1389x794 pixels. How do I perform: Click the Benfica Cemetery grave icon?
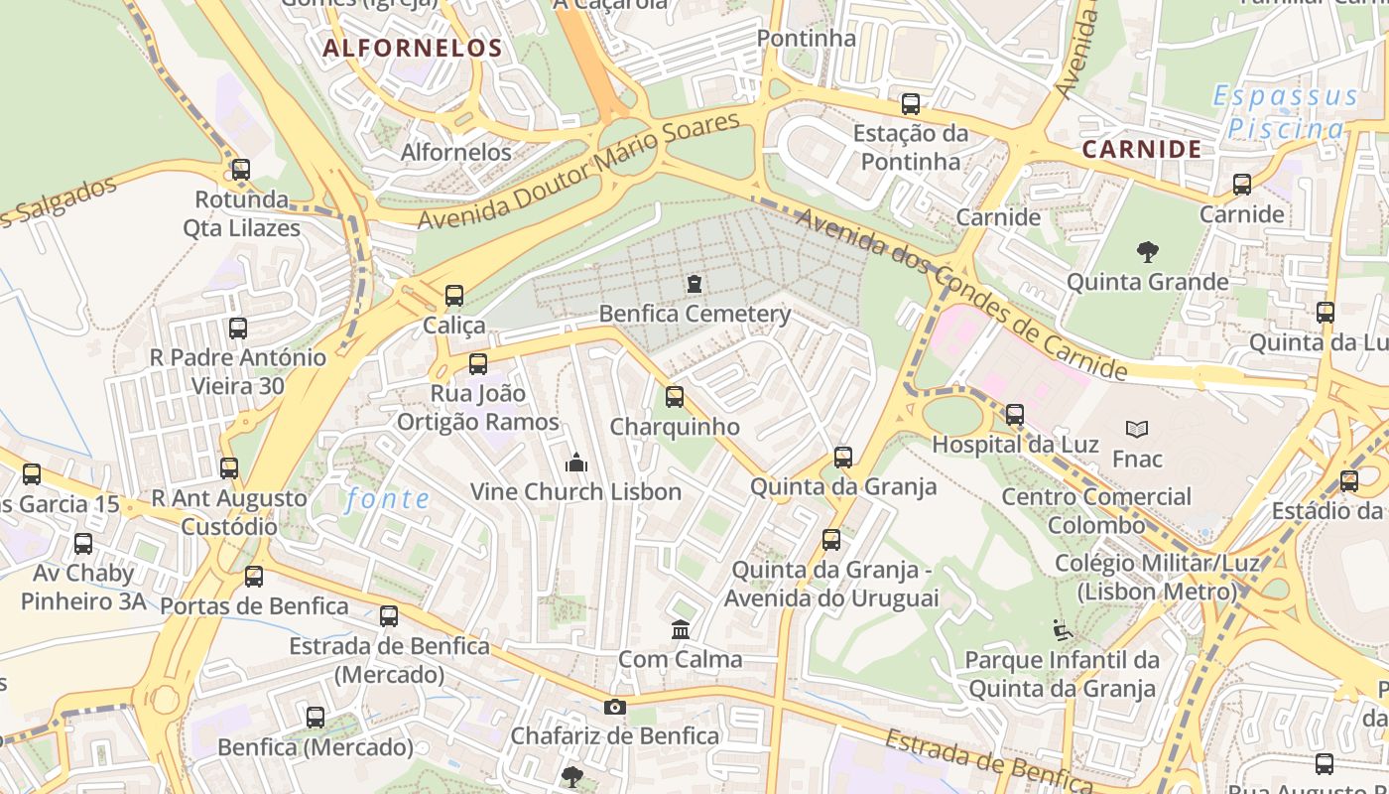point(694,285)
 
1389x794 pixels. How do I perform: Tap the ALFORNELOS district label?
point(413,48)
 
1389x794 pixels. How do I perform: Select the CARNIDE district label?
point(1141,149)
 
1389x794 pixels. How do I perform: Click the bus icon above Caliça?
point(454,295)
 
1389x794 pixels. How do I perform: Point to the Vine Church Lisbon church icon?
point(575,463)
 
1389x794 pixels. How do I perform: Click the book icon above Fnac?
point(1137,430)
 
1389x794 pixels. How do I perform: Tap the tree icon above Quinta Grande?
point(1148,252)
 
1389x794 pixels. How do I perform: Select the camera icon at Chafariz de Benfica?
point(615,708)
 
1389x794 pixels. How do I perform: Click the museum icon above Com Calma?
point(681,629)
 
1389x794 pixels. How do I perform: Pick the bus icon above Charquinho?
point(675,397)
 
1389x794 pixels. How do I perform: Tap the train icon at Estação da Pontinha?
point(910,103)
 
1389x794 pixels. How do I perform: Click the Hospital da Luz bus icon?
point(1015,415)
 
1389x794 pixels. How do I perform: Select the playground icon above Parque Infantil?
point(1062,629)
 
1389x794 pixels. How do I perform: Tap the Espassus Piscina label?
point(1286,112)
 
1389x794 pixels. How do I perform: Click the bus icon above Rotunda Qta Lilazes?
point(240,170)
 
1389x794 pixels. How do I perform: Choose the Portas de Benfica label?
point(254,605)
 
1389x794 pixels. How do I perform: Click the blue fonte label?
point(387,499)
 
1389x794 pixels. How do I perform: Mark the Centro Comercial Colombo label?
point(1096,510)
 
